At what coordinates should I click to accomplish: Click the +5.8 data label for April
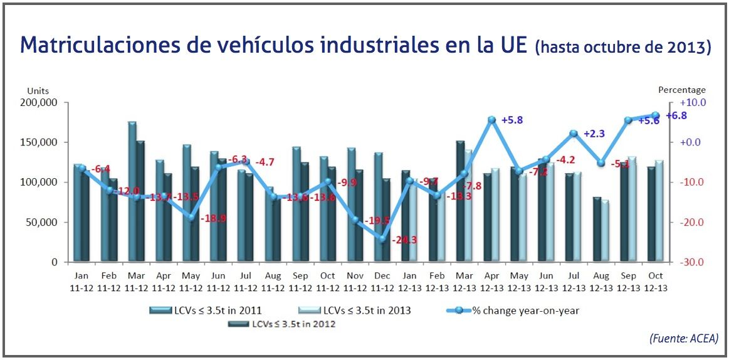[513, 120]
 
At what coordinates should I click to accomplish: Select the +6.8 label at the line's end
[676, 115]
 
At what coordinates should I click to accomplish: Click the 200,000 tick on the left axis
[40, 102]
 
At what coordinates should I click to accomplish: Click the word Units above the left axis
[37, 91]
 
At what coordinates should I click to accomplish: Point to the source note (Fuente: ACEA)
[684, 338]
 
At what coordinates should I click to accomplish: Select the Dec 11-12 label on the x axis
[382, 281]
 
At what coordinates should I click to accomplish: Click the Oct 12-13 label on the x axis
[655, 281]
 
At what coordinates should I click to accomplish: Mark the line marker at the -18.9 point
[191, 217]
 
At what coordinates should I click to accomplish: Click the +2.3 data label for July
[594, 134]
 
